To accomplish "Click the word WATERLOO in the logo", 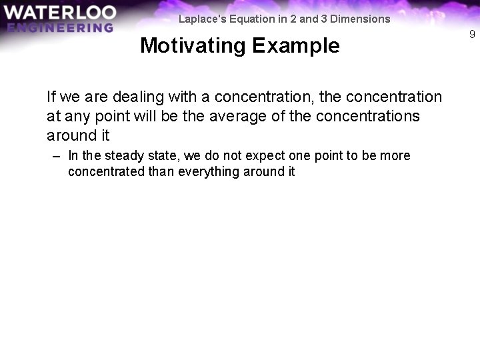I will click(59, 13).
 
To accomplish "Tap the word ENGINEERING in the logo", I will click(59, 28).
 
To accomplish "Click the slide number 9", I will click(472, 34).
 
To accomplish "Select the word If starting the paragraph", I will click(51, 97).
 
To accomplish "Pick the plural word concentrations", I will click(368, 116).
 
